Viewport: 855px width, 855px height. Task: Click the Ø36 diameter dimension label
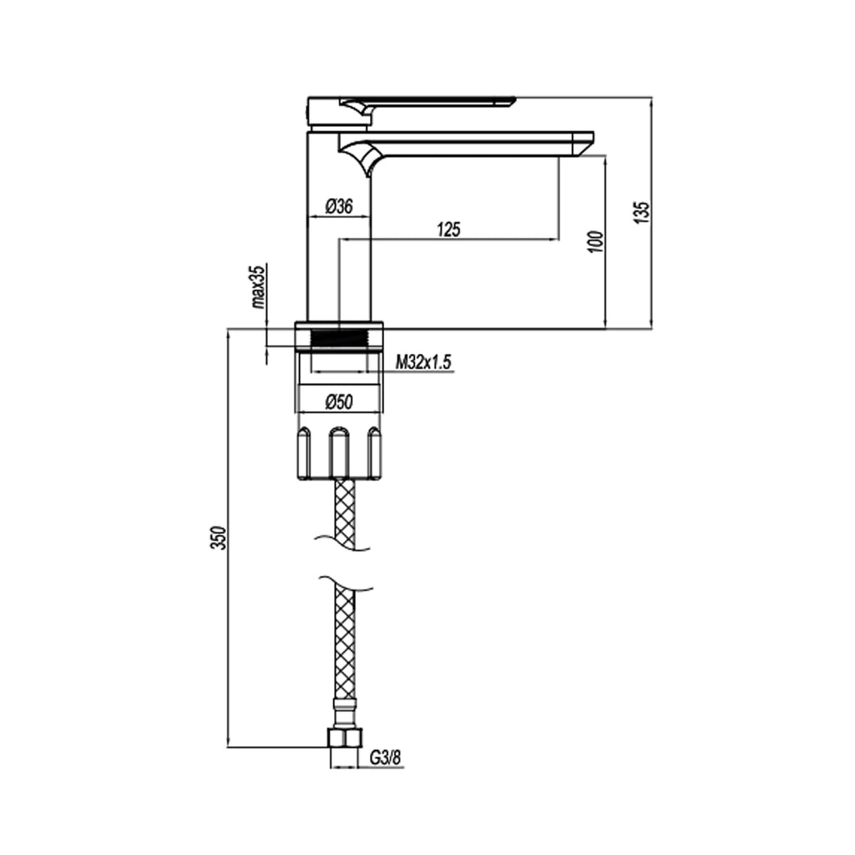click(x=338, y=206)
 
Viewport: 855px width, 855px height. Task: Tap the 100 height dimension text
click(x=594, y=241)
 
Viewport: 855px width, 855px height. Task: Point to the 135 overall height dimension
click(x=641, y=212)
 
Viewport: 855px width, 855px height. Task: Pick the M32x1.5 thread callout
click(x=423, y=362)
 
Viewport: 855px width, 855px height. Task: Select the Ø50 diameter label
click(x=338, y=402)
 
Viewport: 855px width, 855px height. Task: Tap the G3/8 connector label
click(x=386, y=758)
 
